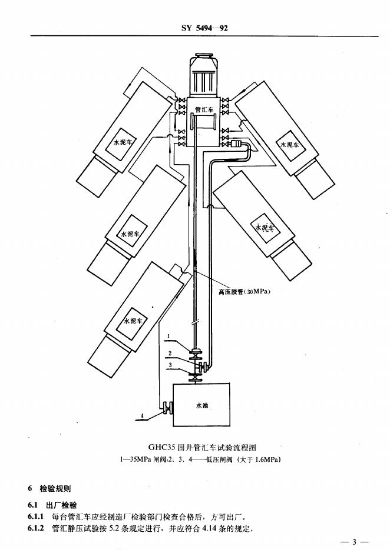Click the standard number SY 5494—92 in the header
point(194,27)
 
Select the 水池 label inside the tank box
point(202,405)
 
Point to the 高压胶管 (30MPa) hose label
point(244,291)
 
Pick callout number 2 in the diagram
point(169,354)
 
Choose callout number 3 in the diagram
point(169,365)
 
